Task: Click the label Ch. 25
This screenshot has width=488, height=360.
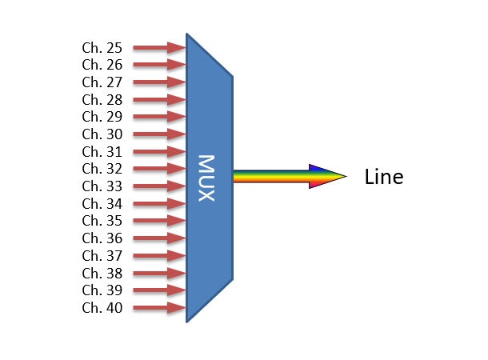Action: (102, 48)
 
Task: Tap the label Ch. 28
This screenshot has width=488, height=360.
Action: (102, 100)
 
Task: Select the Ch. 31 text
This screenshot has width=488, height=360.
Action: (102, 152)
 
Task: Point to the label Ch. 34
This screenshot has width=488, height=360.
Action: (102, 204)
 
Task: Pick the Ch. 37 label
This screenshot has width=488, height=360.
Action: (102, 256)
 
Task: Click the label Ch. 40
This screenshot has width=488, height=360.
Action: (102, 308)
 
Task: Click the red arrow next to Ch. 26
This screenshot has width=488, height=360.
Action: (158, 65)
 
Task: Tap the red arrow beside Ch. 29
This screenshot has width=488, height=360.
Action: (158, 117)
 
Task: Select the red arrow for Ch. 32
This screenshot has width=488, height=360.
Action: (158, 169)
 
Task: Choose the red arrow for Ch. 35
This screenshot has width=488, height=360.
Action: (158, 221)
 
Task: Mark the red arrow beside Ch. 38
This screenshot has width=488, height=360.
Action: (158, 273)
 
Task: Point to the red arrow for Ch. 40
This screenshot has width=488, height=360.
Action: (158, 308)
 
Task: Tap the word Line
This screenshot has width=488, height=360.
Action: (384, 177)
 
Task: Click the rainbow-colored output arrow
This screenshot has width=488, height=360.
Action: (288, 177)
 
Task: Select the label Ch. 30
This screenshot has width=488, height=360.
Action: (102, 134)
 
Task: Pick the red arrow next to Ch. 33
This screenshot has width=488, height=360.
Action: (158, 186)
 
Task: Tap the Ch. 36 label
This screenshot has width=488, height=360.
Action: (102, 238)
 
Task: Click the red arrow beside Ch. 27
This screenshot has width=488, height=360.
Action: (158, 82)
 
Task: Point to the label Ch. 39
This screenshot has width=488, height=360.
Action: (102, 290)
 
